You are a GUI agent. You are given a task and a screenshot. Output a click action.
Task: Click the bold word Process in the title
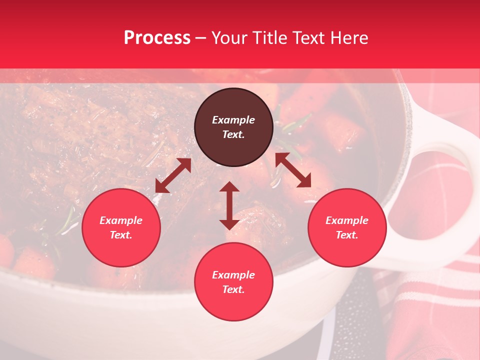pos(157,38)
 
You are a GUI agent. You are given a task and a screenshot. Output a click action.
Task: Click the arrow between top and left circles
pos(173,175)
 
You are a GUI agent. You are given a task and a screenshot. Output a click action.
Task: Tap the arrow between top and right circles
pos(293,170)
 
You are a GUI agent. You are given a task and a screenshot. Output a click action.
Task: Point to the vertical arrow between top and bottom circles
pos(229,205)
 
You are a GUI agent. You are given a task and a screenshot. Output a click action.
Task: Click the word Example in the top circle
pos(233,120)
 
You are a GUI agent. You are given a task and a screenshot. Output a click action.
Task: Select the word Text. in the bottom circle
pos(233,289)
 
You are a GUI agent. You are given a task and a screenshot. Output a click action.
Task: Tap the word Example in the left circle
pos(121,220)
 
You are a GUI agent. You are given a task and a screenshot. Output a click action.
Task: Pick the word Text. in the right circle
pos(347,235)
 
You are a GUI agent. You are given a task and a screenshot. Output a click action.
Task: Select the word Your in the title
pos(228,38)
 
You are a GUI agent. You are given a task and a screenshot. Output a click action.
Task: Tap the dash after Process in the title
pos(200,38)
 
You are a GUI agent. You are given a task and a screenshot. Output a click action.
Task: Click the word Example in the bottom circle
pos(233,275)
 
